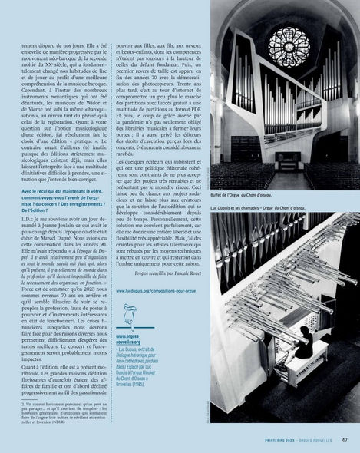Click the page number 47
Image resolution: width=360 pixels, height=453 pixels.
(345, 440)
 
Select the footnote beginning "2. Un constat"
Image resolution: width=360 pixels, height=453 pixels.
(64, 412)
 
